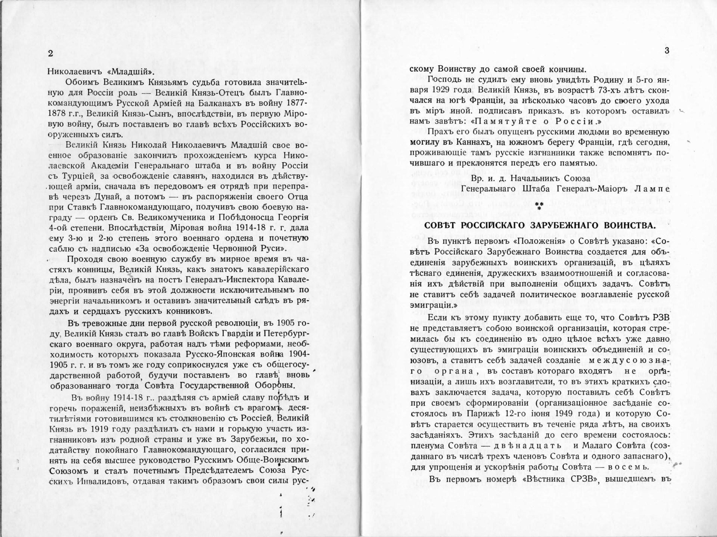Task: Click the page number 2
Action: (x=51, y=53)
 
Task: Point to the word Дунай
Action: (x=116, y=197)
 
